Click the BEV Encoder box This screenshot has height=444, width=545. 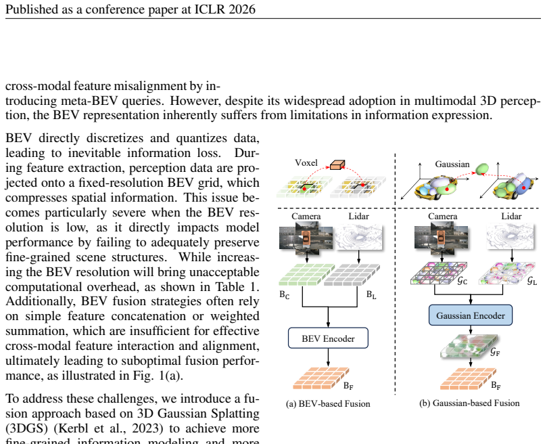(x=328, y=338)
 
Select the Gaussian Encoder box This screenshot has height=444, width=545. (x=471, y=315)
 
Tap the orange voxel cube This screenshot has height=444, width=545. (x=337, y=165)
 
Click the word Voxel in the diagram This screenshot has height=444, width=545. (x=306, y=163)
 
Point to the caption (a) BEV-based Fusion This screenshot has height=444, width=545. (x=328, y=403)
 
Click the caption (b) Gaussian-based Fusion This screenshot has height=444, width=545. (x=469, y=403)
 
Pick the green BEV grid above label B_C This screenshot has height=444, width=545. (x=307, y=275)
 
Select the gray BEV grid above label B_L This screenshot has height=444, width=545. (x=352, y=275)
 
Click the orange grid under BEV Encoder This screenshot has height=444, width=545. (x=321, y=378)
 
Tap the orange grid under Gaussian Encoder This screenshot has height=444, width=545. (x=469, y=378)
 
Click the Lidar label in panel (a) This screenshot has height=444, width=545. (x=358, y=217)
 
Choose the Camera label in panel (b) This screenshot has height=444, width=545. (x=442, y=217)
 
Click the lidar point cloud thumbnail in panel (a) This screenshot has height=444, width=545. (x=358, y=237)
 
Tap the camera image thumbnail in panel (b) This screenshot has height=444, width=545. (x=442, y=238)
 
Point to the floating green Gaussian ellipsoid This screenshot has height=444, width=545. (x=482, y=169)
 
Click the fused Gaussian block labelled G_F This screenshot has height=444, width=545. (x=469, y=347)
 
